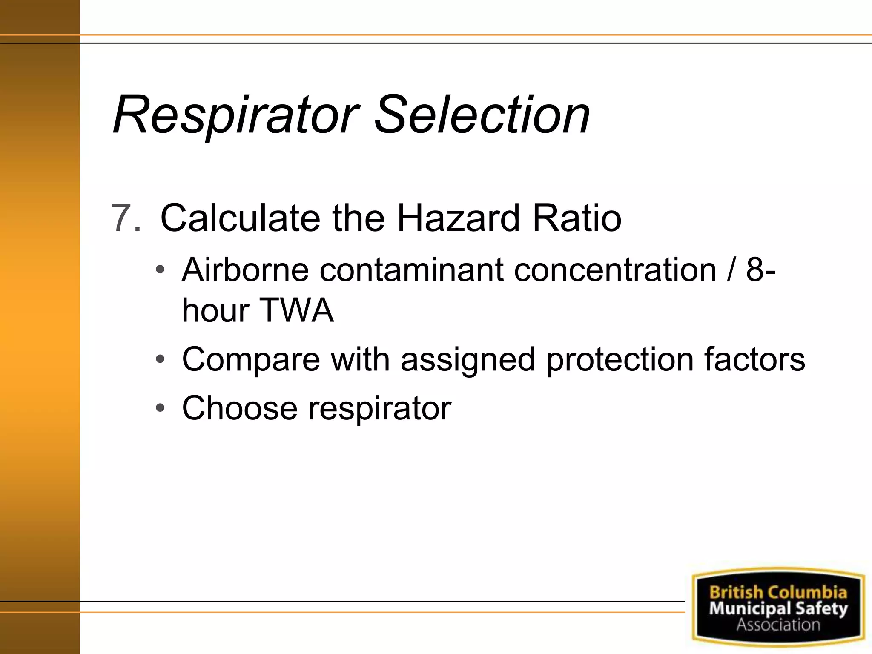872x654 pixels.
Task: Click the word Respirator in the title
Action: (236, 115)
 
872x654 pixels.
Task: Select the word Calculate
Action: (240, 218)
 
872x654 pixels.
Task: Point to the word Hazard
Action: (459, 218)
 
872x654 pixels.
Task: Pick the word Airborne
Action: (245, 270)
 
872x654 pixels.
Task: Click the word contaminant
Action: (411, 270)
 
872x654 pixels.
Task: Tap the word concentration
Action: (615, 270)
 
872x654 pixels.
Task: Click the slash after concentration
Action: (731, 270)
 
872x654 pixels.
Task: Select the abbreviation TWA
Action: (296, 310)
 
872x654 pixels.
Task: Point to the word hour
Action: (215, 310)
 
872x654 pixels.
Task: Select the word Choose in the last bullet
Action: (240, 408)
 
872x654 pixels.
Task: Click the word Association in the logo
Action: (778, 625)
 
